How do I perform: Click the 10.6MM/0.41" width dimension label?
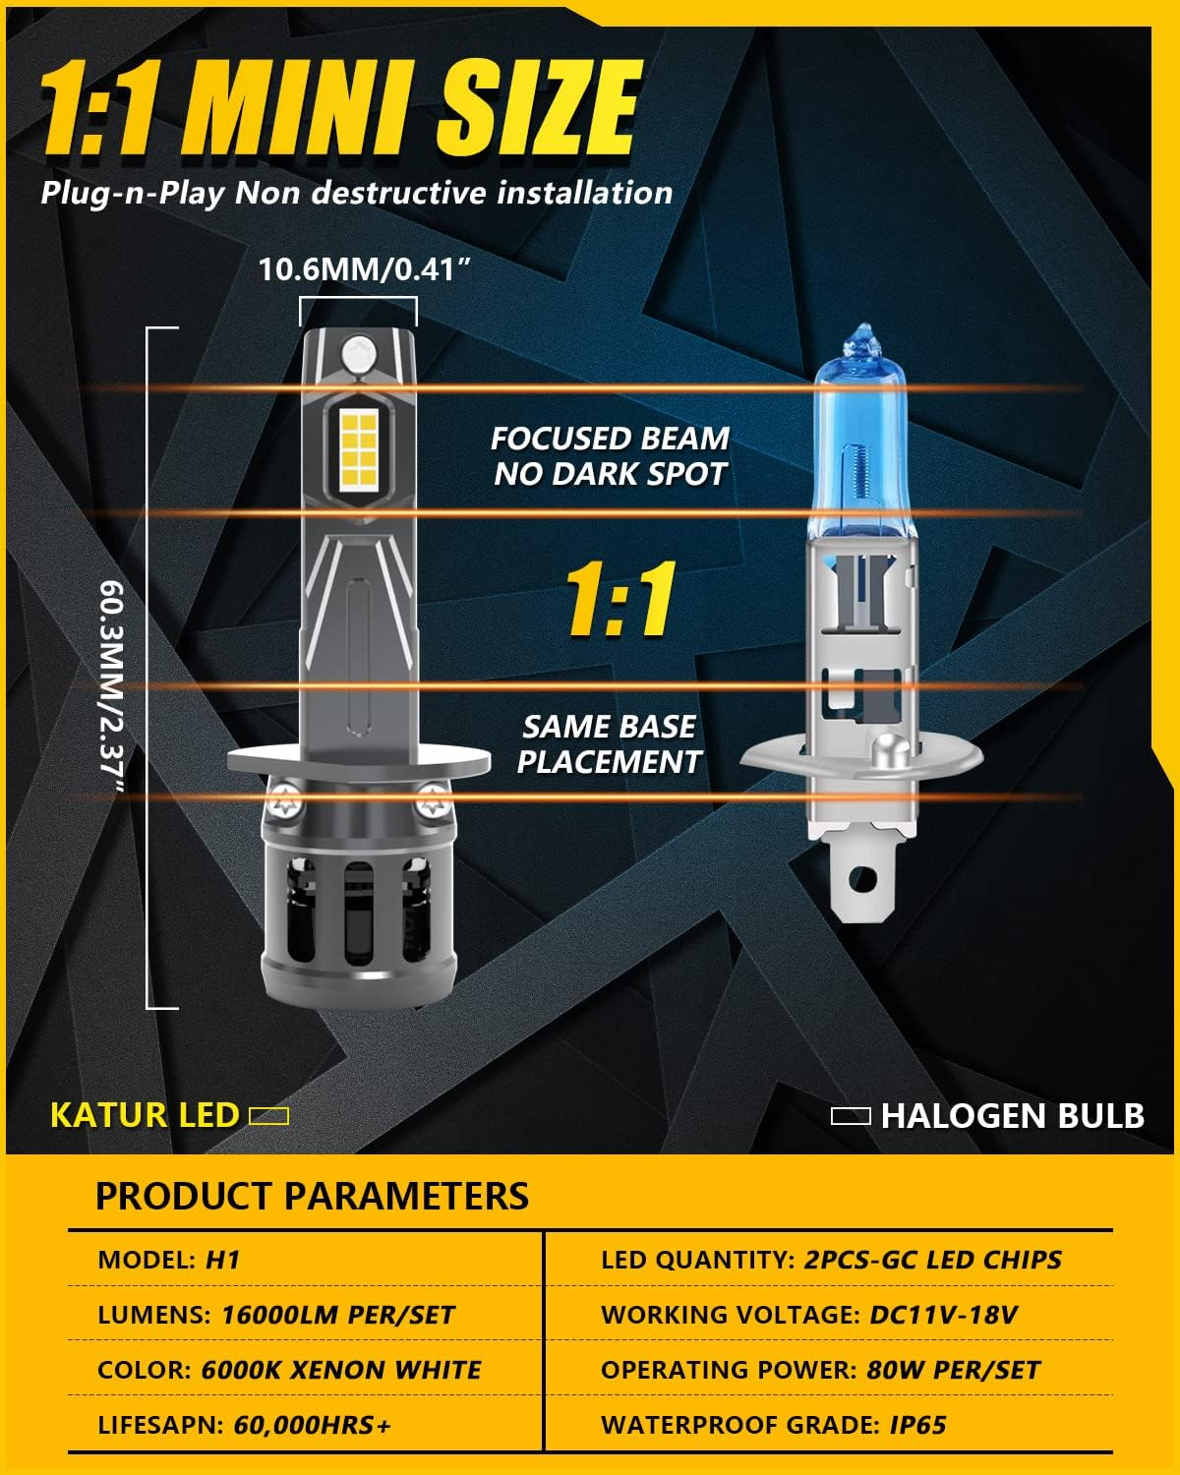[358, 269]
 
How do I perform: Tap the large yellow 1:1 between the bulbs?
[620, 599]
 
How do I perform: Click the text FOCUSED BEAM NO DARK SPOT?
[610, 456]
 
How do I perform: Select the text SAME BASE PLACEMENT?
[609, 744]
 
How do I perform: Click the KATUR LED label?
[145, 1115]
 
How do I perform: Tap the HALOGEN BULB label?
[1013, 1116]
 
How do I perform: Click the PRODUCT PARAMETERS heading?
[312, 1196]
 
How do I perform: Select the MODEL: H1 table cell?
[169, 1260]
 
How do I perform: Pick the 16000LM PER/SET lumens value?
[337, 1315]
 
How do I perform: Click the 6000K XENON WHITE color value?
[341, 1370]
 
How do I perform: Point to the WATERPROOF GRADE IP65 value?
[918, 1425]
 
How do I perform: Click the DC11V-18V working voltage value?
[943, 1315]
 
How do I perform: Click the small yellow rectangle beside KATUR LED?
[268, 1116]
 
